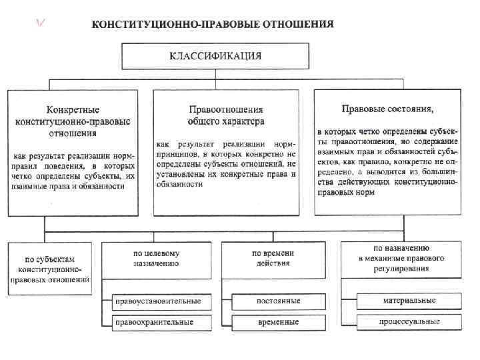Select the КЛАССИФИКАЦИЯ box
pos(212,56)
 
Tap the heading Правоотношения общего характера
pos(225,115)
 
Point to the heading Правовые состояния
pos(387,108)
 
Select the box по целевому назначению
pos(158,259)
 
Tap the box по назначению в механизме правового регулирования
pos(401,259)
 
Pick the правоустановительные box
pos(158,301)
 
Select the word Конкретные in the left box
pos(73,109)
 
